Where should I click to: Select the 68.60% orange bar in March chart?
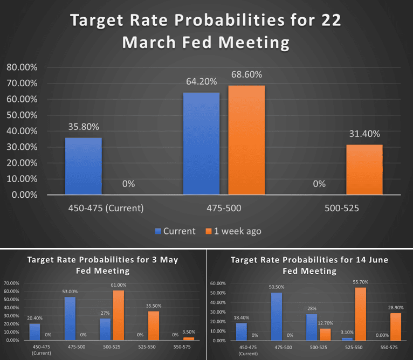(x=246, y=140)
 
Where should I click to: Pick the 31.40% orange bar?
(x=364, y=169)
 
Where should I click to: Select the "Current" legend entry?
(x=175, y=231)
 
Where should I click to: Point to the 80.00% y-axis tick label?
(x=22, y=67)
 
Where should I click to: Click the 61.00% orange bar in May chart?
(x=119, y=315)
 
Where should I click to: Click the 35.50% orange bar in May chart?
(x=154, y=326)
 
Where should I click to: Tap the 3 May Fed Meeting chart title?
(x=102, y=265)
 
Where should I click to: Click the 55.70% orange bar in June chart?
(x=361, y=314)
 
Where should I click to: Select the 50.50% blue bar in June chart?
(x=277, y=316)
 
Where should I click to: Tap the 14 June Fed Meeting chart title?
(x=309, y=265)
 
